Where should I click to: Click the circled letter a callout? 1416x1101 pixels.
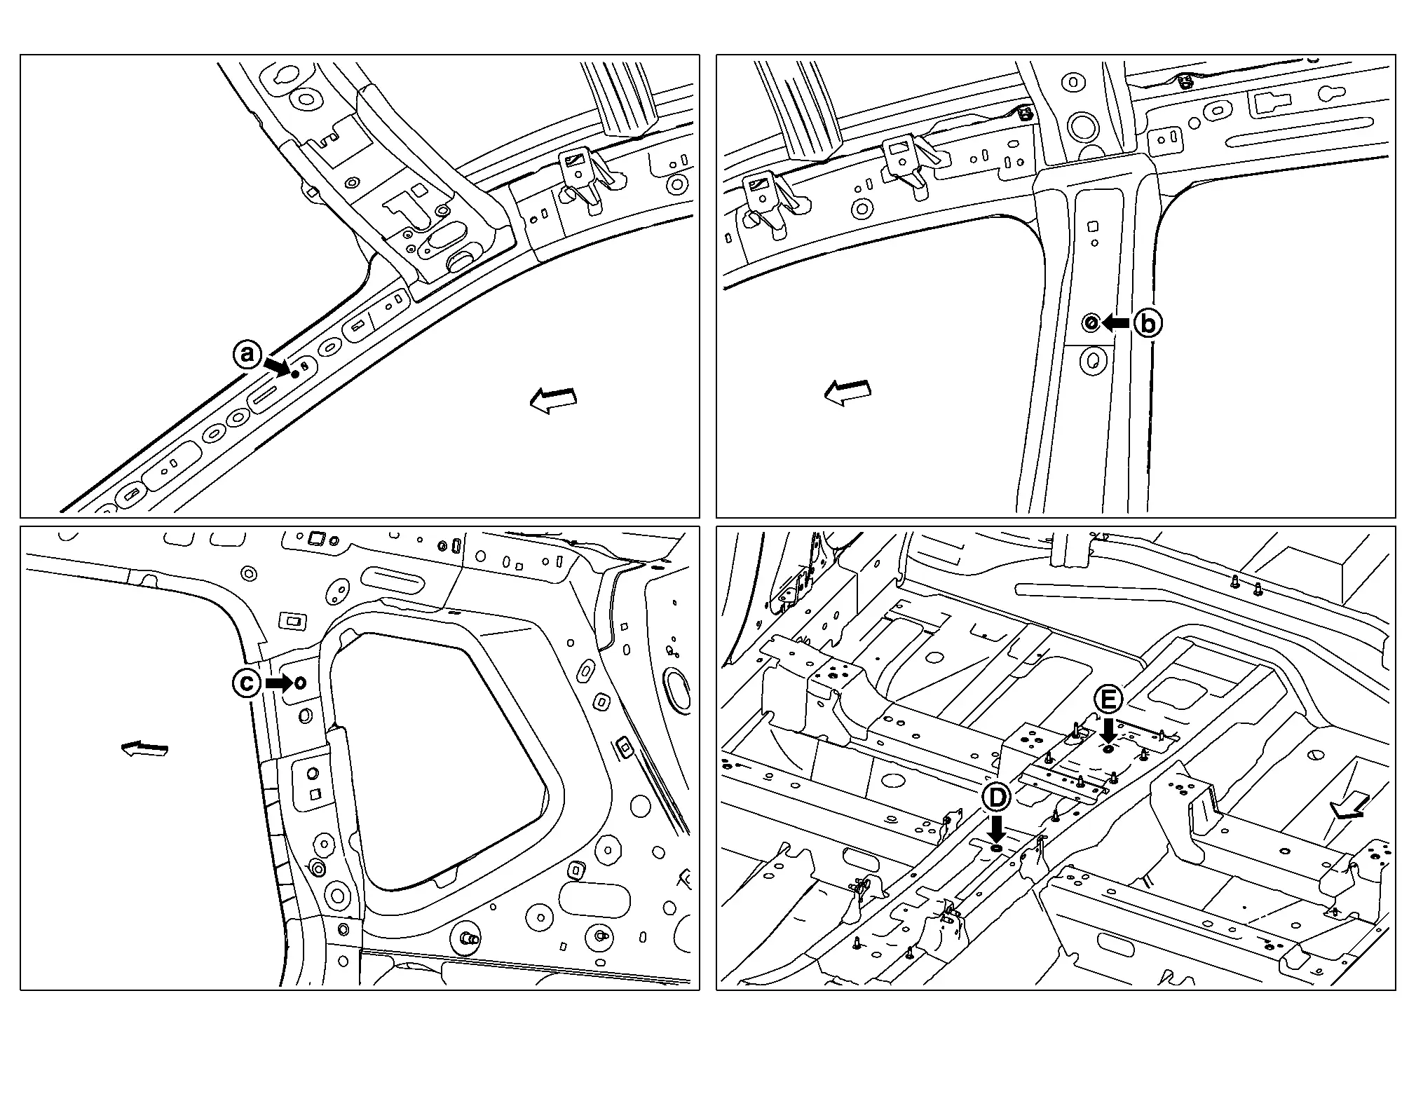click(x=246, y=354)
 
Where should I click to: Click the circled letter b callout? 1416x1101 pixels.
click(x=1148, y=323)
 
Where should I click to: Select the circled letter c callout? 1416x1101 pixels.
click(x=247, y=683)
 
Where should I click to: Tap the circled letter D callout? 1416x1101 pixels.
click(x=996, y=797)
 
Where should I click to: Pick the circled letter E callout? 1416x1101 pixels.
click(x=1108, y=699)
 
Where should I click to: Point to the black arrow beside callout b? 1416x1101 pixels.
click(x=1115, y=322)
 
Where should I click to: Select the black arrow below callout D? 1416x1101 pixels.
click(x=996, y=829)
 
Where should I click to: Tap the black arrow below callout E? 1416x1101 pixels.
click(x=1108, y=730)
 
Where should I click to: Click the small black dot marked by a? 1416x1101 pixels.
click(x=295, y=374)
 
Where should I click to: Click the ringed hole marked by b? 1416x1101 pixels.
click(x=1091, y=323)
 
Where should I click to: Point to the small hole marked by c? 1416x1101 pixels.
click(x=300, y=683)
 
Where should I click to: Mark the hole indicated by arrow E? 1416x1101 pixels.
click(x=1108, y=750)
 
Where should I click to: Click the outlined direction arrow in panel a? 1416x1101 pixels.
click(x=553, y=400)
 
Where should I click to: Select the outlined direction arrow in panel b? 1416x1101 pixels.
click(x=847, y=392)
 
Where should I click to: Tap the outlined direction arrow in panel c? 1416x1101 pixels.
click(x=145, y=749)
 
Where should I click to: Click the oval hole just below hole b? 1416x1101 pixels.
click(x=1092, y=361)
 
